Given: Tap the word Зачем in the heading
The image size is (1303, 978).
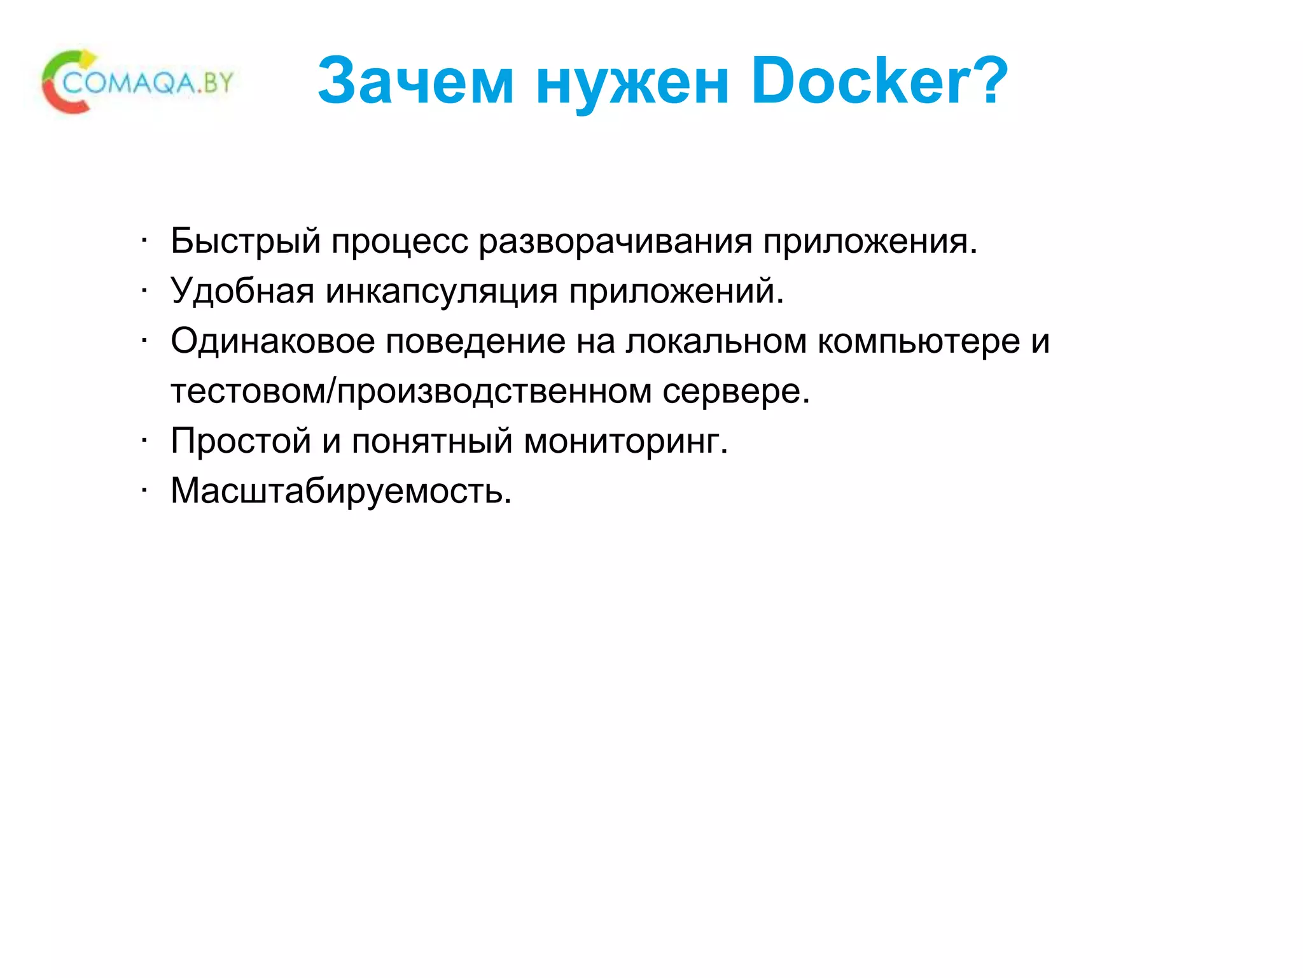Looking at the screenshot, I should [415, 81].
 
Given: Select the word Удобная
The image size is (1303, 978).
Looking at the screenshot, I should [242, 292].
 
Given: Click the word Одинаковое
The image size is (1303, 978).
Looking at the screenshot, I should [272, 341].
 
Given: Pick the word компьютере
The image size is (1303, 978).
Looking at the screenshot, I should [918, 342].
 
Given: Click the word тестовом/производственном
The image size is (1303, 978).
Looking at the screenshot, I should [411, 391].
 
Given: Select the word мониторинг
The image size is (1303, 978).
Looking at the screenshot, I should [625, 441].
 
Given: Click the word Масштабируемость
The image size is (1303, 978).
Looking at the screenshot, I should [341, 491].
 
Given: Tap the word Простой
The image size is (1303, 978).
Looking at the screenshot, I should [240, 441].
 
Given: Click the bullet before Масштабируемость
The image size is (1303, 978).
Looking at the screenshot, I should [145, 490].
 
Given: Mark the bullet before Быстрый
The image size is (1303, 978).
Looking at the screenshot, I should [145, 241].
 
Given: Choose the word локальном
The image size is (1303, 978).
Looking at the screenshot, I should [716, 341].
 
